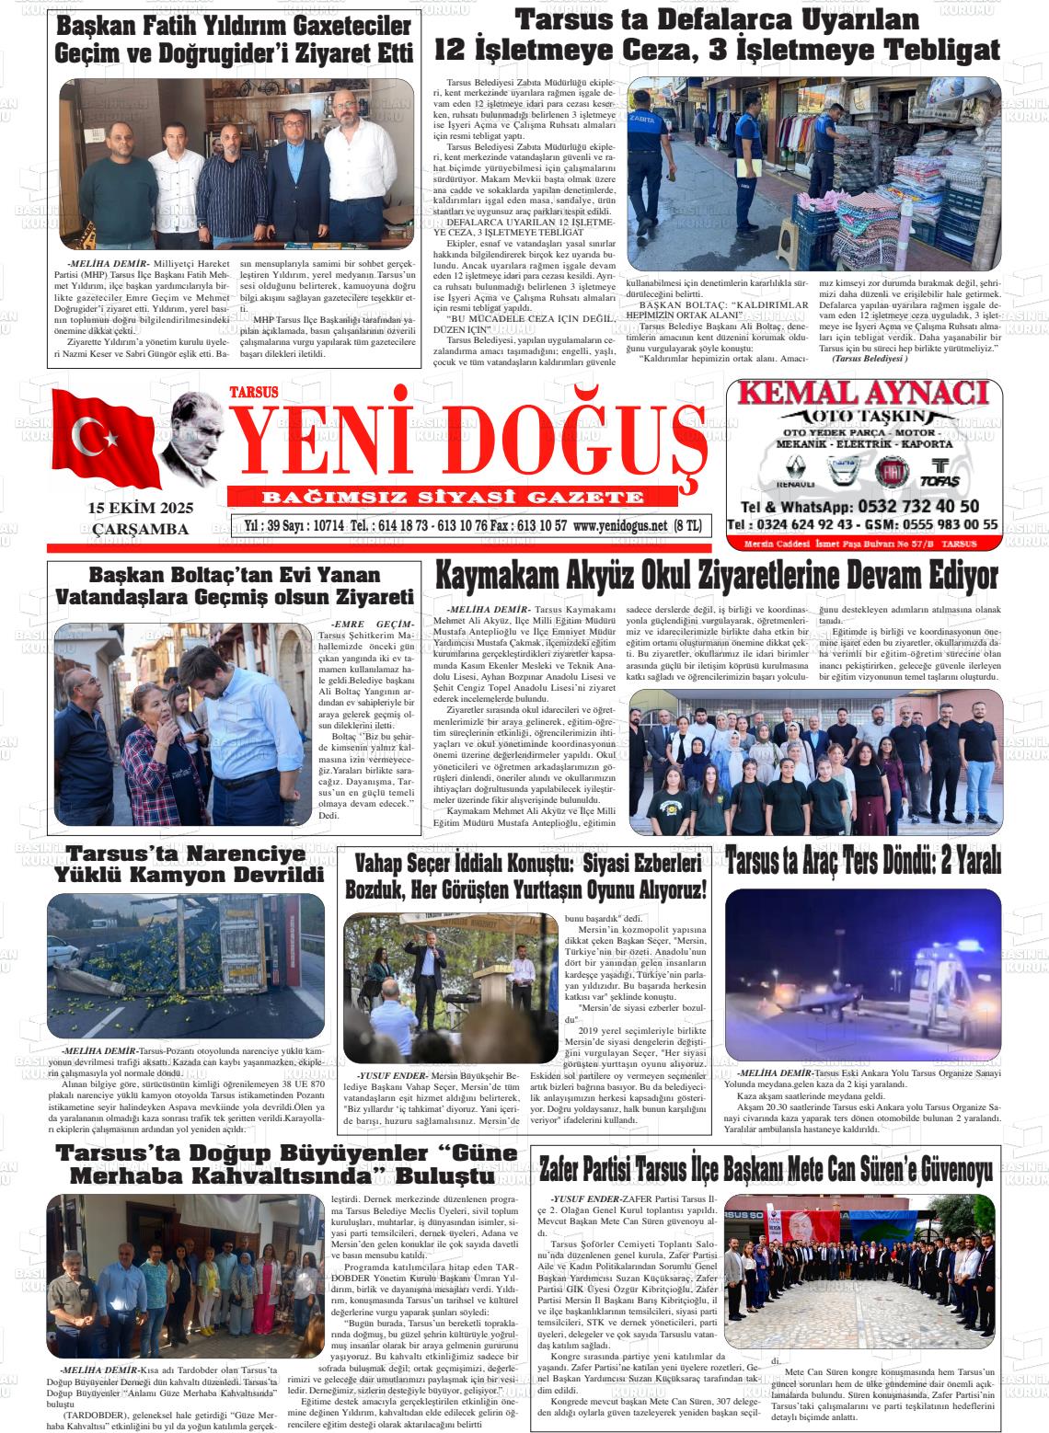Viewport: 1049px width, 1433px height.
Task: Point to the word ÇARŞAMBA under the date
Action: coord(141,529)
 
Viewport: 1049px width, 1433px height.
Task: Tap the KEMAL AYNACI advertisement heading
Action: coord(864,395)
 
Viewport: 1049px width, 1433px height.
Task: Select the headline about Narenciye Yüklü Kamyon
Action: coord(189,863)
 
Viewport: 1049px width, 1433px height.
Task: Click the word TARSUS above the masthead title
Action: coord(253,390)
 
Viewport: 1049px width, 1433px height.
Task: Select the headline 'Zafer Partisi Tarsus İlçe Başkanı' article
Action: coord(765,1171)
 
